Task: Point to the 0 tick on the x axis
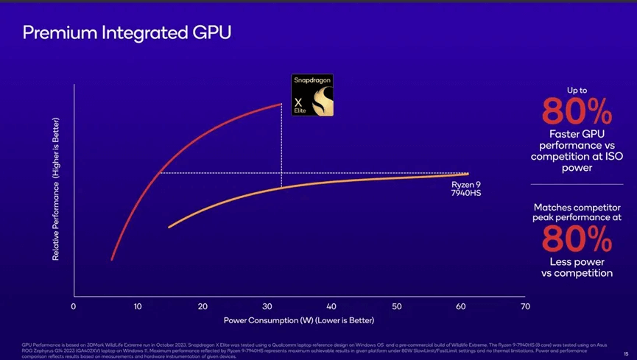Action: click(73, 306)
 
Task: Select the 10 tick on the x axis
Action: click(138, 306)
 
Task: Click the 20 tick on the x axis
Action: click(203, 306)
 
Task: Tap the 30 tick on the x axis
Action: click(267, 306)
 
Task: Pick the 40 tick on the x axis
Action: click(331, 306)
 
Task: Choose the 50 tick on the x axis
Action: click(396, 306)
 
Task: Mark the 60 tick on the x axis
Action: click(460, 306)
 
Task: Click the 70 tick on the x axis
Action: click(525, 306)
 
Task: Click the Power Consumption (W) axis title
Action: click(299, 320)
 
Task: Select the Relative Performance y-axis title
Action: click(56, 188)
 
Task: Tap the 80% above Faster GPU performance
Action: click(577, 112)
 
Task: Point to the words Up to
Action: click(577, 90)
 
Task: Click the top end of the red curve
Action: click(281, 104)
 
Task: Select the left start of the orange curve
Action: click(169, 227)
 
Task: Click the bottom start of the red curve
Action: click(112, 259)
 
